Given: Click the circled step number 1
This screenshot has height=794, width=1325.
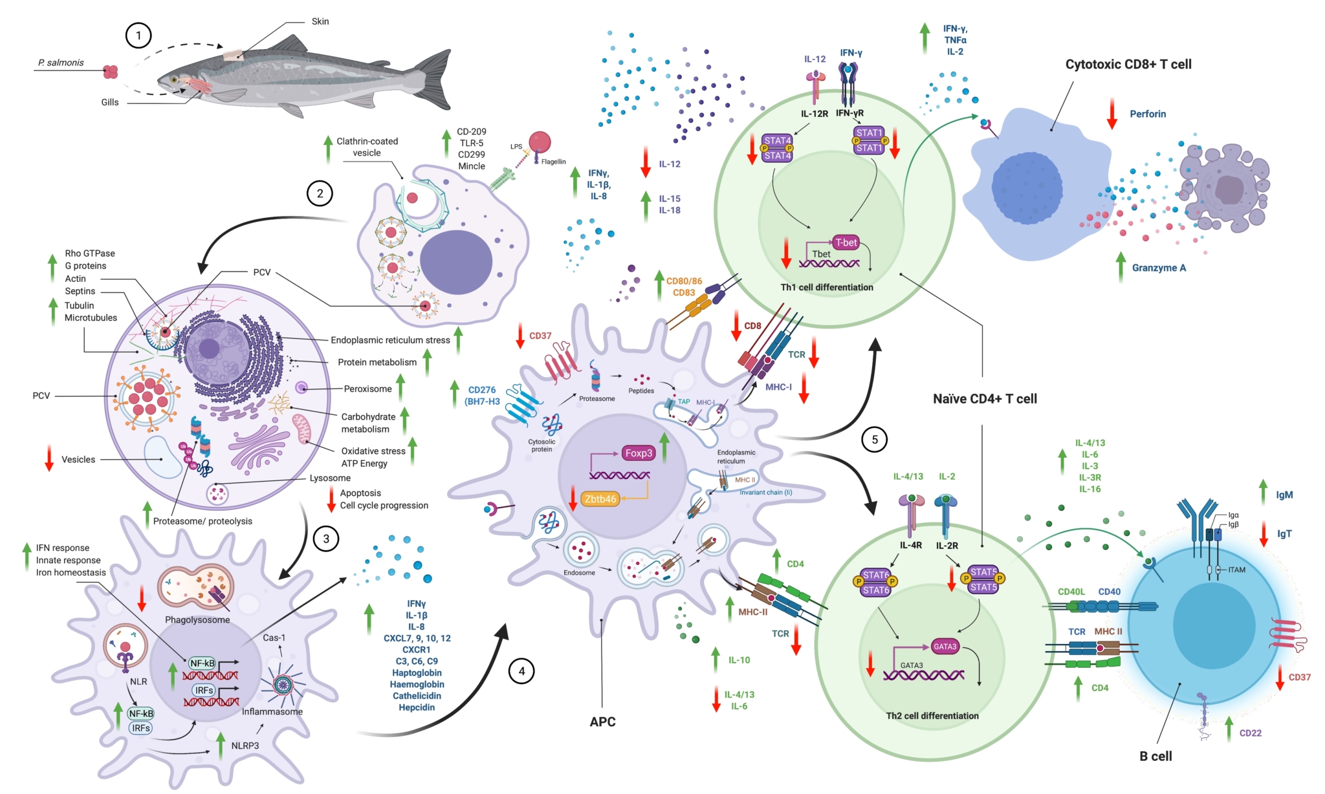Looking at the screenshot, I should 138,35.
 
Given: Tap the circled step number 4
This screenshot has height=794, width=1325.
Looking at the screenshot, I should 521,671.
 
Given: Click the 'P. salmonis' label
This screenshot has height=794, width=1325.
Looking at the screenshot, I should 61,63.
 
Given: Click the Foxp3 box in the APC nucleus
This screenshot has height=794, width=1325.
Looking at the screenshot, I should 638,453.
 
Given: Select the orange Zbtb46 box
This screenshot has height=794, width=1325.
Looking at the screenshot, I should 600,499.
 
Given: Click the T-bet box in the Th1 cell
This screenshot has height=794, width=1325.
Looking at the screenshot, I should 846,242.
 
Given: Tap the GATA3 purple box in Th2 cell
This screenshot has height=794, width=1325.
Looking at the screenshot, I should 945,646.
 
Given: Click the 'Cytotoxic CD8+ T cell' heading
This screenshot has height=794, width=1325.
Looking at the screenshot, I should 1128,64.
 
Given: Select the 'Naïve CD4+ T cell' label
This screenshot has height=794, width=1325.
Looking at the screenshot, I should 984,399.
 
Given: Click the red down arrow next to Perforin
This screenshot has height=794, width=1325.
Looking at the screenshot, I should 1112,114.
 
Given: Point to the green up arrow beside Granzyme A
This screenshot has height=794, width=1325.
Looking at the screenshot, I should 1121,267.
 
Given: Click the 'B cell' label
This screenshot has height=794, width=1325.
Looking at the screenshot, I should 1155,756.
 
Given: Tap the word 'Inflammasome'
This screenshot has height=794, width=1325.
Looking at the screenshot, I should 272,711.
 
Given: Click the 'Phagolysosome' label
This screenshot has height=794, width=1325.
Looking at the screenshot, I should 197,619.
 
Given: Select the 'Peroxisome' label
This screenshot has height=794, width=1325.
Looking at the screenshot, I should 367,389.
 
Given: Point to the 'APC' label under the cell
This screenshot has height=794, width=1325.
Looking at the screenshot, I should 602,722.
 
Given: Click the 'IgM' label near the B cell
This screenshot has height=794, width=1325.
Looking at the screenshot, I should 1284,495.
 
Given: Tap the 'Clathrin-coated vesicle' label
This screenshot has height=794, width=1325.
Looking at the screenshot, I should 367,147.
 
